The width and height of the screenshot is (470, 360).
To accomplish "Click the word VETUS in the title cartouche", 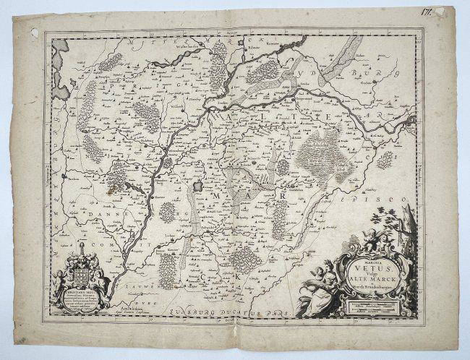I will pos(369,267).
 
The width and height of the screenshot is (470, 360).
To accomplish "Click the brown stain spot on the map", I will pos(109,192).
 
